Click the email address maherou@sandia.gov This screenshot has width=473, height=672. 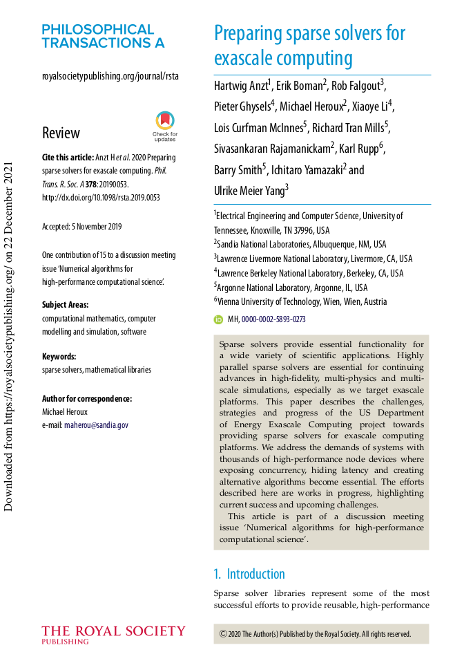coord(96,425)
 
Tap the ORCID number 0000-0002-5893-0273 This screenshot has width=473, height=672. coord(273,319)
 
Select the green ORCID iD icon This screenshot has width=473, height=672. coord(219,319)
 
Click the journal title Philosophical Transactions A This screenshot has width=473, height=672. coord(103,36)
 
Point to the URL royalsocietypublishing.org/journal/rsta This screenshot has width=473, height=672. coord(110,76)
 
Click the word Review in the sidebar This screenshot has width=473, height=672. coord(61,133)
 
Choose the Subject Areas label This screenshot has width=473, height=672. coord(65,304)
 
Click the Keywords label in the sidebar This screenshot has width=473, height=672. coord(59,356)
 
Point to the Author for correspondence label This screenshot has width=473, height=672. coord(87,398)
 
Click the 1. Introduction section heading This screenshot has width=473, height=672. coord(249,574)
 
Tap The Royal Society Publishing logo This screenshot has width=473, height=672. coord(113,635)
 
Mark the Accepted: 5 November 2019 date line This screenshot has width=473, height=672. coord(81,226)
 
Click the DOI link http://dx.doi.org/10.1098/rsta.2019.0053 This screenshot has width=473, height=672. coord(101,197)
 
